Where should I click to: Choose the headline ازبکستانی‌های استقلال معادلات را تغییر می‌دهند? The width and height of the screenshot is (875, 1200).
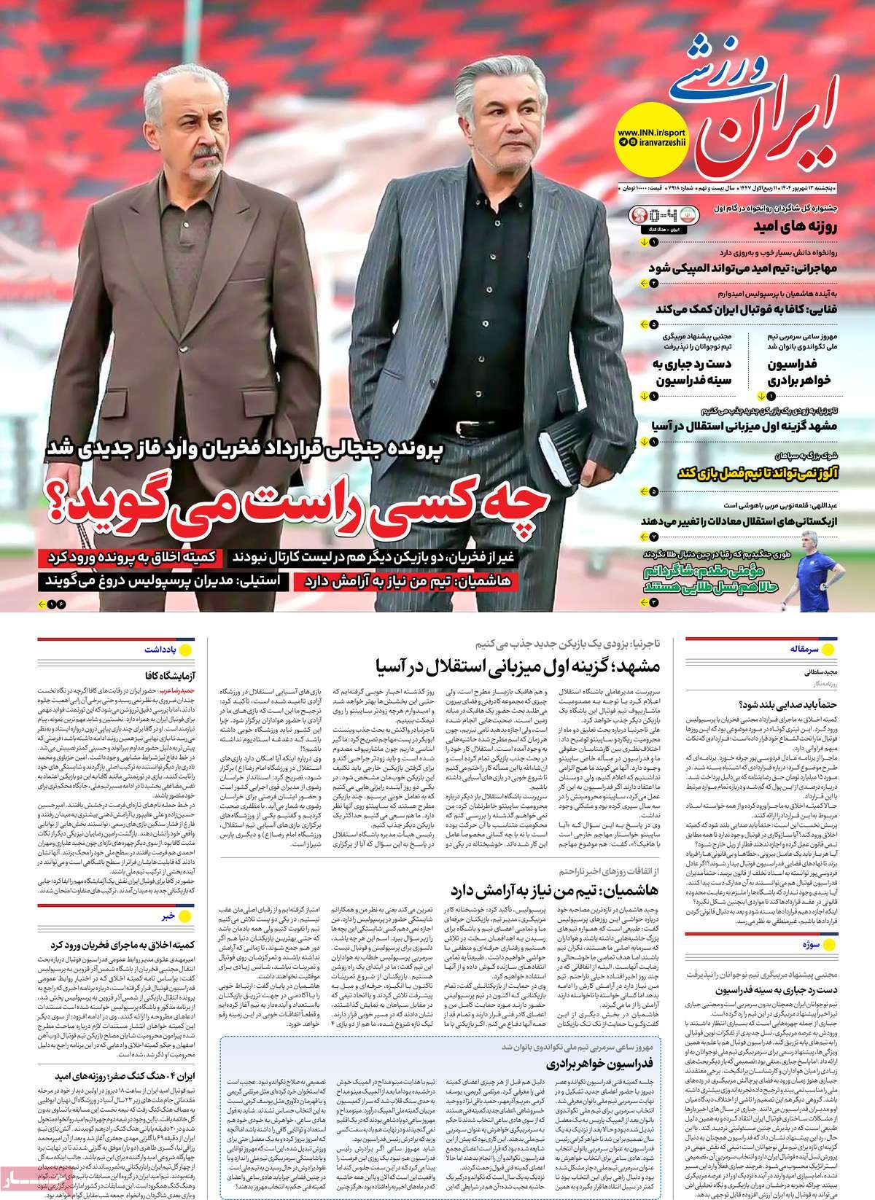point(740,521)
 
